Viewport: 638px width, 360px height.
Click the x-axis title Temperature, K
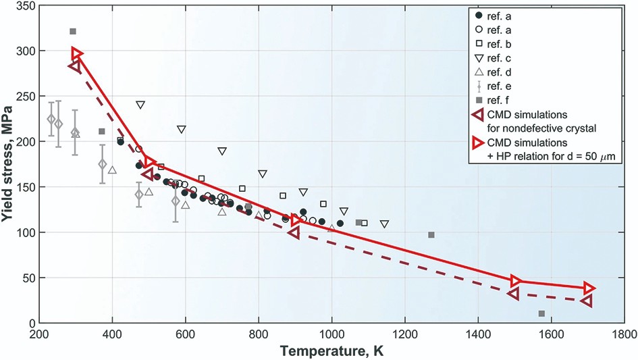click(330, 351)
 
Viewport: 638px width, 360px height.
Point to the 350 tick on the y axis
click(27, 5)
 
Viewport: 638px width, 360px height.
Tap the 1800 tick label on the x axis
click(623, 334)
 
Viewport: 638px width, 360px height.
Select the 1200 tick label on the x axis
click(404, 334)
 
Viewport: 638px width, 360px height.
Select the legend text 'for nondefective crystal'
click(540, 126)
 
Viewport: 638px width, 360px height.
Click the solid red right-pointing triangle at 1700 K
click(589, 288)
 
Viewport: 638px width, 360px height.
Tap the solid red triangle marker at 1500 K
click(516, 280)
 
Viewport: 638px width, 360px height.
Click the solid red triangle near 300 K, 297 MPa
click(77, 53)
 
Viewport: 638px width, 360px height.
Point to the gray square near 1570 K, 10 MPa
click(541, 313)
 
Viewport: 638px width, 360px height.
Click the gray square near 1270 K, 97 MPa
click(431, 234)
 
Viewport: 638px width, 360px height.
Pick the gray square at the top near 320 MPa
click(73, 31)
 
